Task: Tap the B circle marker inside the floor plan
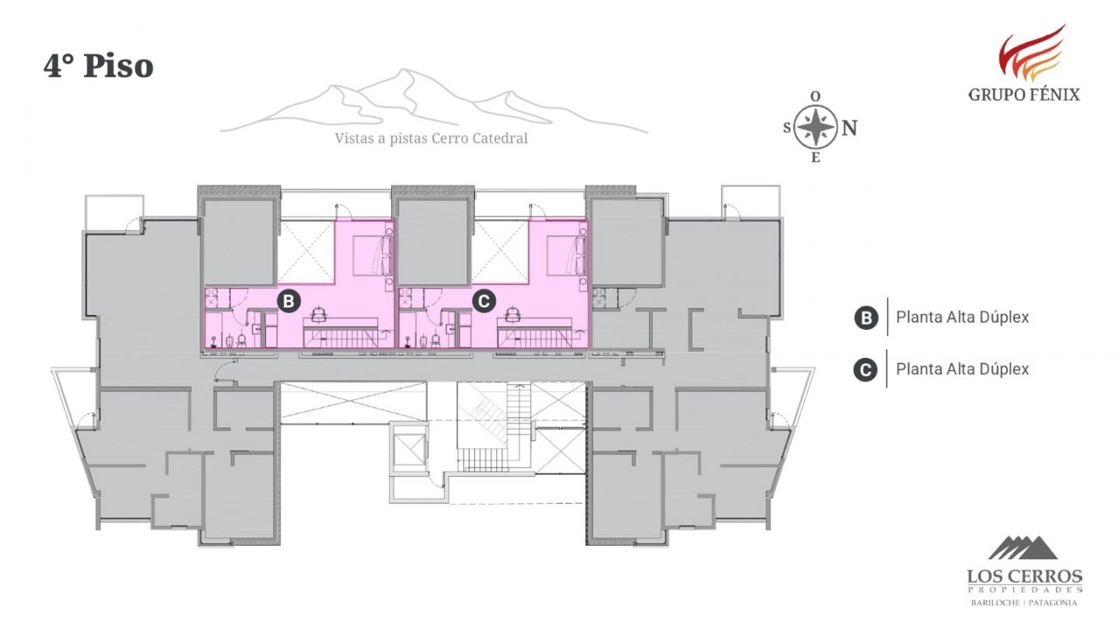(x=289, y=301)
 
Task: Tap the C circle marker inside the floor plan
(x=483, y=301)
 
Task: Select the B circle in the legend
(x=866, y=318)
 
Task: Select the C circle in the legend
(x=865, y=370)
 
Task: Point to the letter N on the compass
(x=849, y=128)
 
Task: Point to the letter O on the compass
(x=815, y=96)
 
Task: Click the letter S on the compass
(x=787, y=128)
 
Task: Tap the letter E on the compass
(x=815, y=158)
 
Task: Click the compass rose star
(x=815, y=127)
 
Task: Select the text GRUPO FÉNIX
(x=1024, y=95)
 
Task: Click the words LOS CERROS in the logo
(x=1025, y=577)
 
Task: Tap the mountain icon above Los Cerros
(x=1023, y=547)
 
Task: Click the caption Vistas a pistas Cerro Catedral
(x=431, y=138)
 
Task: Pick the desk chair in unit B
(x=319, y=314)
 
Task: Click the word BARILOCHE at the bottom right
(x=993, y=603)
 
